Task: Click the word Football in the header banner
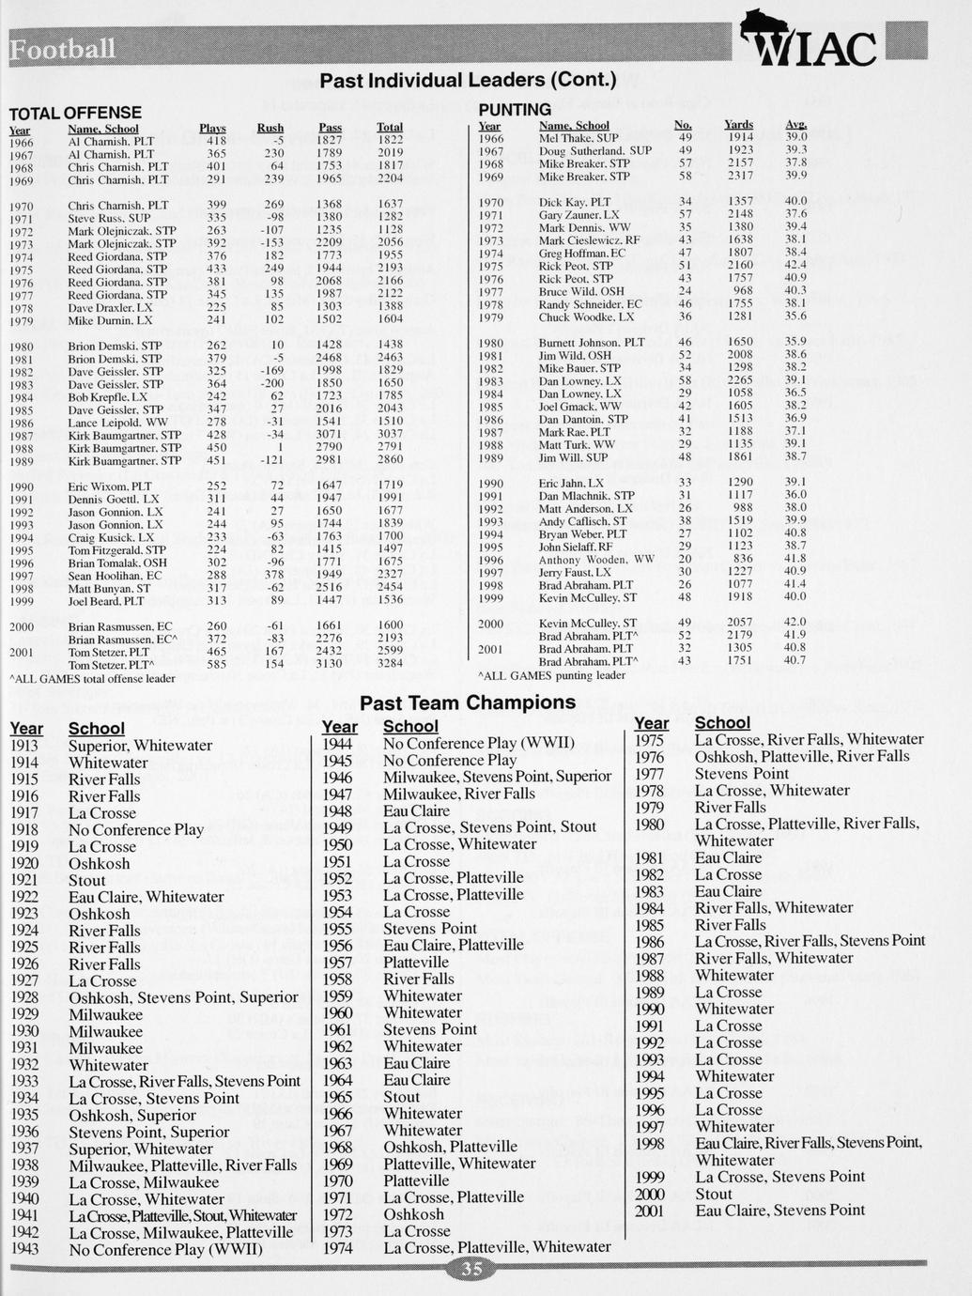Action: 63,49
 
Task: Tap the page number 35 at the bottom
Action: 471,1270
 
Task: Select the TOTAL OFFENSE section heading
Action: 75,113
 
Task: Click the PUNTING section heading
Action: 515,111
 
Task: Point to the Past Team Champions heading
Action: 468,702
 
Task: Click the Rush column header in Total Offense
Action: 270,128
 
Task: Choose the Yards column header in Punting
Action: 739,125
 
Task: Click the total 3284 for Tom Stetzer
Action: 390,663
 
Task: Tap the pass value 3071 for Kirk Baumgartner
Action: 329,435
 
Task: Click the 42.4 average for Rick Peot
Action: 795,266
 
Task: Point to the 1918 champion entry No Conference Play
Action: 135,830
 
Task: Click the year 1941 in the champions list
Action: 24,1216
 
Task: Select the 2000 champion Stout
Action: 714,1195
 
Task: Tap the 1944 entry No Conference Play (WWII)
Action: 478,743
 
